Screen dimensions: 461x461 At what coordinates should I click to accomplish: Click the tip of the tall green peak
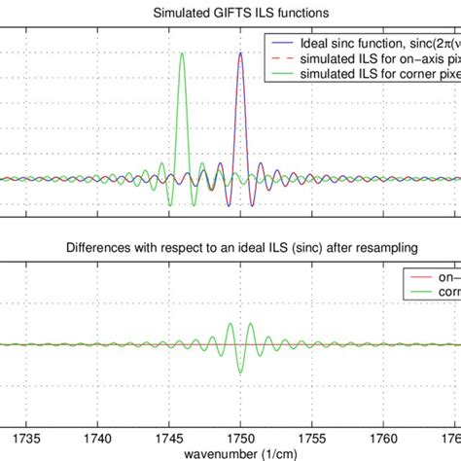(181, 54)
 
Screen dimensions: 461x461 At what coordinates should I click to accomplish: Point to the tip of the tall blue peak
(241, 53)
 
